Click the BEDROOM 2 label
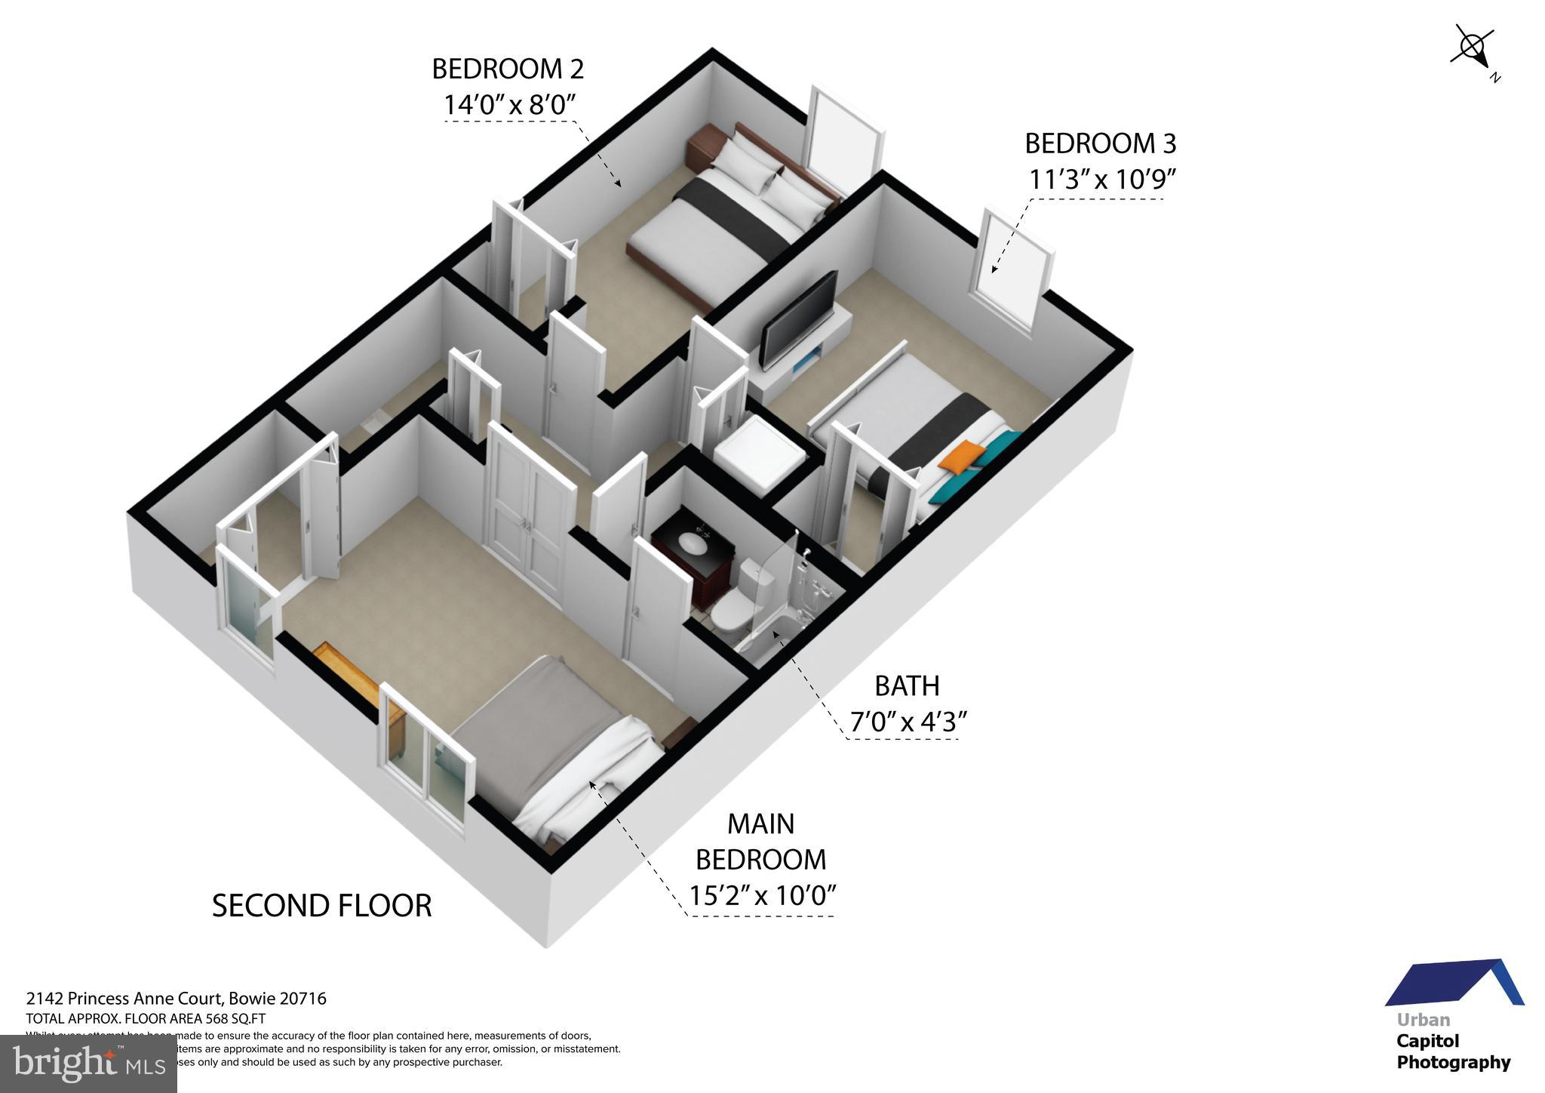point(507,69)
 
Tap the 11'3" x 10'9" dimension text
point(1102,180)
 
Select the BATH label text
point(907,686)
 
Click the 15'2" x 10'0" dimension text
point(763,895)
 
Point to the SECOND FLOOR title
point(321,906)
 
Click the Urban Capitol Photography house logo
point(1454,986)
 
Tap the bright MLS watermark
point(88,1064)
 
